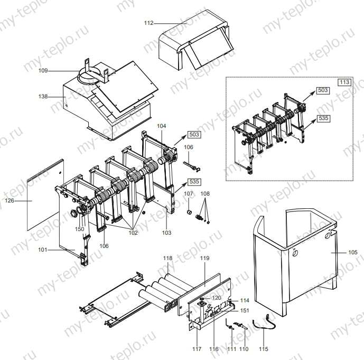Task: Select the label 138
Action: pyautogui.click(x=43, y=97)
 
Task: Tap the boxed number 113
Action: pyautogui.click(x=344, y=82)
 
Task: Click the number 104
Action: pyautogui.click(x=162, y=126)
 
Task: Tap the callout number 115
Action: pyautogui.click(x=263, y=349)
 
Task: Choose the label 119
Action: pyautogui.click(x=205, y=258)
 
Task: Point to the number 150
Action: pyautogui.click(x=79, y=229)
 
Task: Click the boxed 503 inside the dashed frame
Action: pyautogui.click(x=323, y=90)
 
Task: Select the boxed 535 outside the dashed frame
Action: pyautogui.click(x=194, y=181)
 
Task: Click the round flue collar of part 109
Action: pyautogui.click(x=87, y=77)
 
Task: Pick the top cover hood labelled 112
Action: pyautogui.click(x=193, y=37)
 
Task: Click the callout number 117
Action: pyautogui.click(x=197, y=349)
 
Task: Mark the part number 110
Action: pyautogui.click(x=244, y=349)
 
